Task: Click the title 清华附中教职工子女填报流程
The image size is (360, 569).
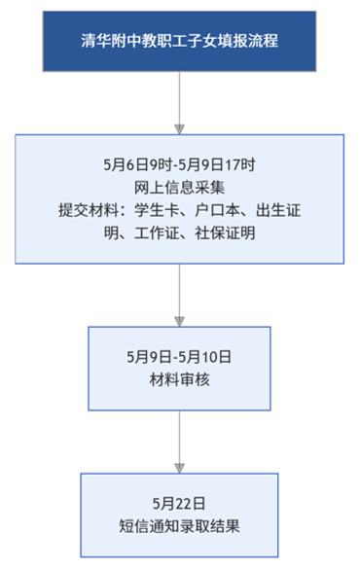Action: (180, 41)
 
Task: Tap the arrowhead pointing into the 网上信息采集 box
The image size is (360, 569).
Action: (179, 129)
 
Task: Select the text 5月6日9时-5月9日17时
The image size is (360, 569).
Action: (179, 164)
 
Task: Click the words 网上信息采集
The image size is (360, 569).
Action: (179, 188)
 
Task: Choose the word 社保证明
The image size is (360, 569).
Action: (225, 233)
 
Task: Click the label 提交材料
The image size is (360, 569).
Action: (89, 210)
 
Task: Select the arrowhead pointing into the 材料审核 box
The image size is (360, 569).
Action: (179, 322)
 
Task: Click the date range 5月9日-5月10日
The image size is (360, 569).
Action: (179, 357)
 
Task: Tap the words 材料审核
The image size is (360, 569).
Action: (179, 380)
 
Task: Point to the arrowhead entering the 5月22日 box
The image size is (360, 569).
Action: (179, 468)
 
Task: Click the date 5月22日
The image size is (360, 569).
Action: (179, 504)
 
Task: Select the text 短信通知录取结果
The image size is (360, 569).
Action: (179, 526)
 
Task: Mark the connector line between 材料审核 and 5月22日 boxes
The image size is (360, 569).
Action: (179, 437)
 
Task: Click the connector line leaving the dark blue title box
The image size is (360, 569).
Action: (179, 98)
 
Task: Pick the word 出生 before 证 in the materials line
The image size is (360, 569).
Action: (270, 210)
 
